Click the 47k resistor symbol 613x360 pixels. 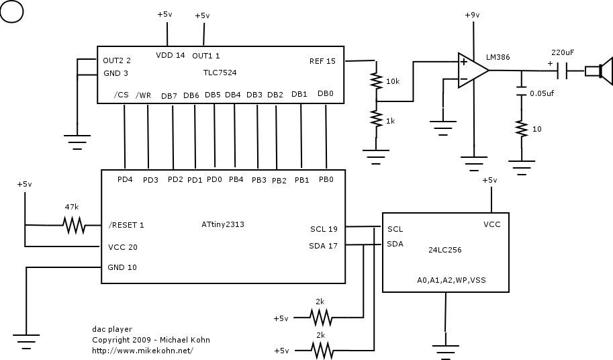74,225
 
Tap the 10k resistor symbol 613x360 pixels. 376,81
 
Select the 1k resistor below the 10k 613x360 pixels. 376,119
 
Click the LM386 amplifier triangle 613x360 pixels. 473,71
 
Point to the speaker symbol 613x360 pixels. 598,71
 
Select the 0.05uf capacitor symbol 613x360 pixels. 521,91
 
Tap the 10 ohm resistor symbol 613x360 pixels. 521,128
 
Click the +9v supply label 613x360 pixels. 472,15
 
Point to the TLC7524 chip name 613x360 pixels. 220,73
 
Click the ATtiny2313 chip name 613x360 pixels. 223,224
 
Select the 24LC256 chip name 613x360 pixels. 445,250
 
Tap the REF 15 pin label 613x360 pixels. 322,61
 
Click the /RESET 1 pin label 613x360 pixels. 126,225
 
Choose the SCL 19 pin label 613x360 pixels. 324,229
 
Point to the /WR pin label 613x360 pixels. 143,95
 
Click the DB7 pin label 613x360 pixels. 169,96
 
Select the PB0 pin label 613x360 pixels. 326,179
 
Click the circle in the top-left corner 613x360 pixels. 11,11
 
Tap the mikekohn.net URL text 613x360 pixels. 143,351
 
